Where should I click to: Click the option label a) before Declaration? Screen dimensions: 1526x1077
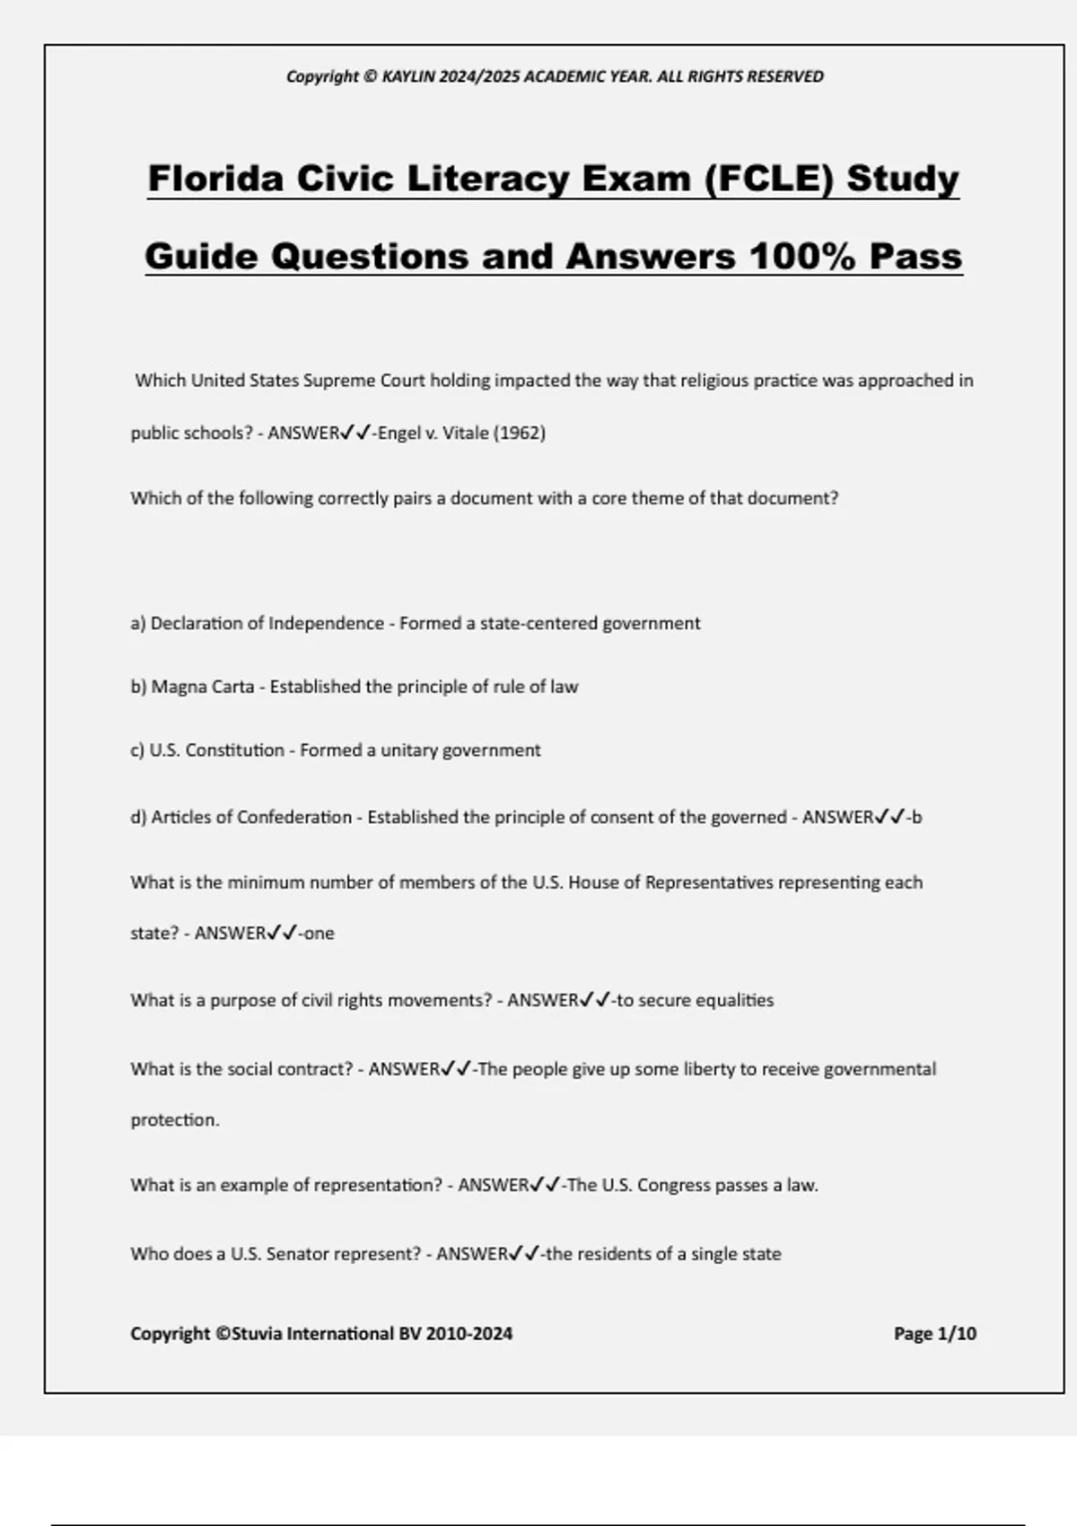click(138, 623)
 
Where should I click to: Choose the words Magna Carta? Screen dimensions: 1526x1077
click(203, 687)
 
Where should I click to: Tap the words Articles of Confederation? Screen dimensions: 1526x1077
click(251, 817)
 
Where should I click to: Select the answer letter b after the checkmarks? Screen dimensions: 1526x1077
click(916, 817)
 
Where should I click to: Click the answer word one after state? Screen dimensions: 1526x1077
click(319, 934)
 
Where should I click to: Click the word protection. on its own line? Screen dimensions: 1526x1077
click(175, 1120)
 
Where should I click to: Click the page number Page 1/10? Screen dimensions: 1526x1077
click(934, 1334)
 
